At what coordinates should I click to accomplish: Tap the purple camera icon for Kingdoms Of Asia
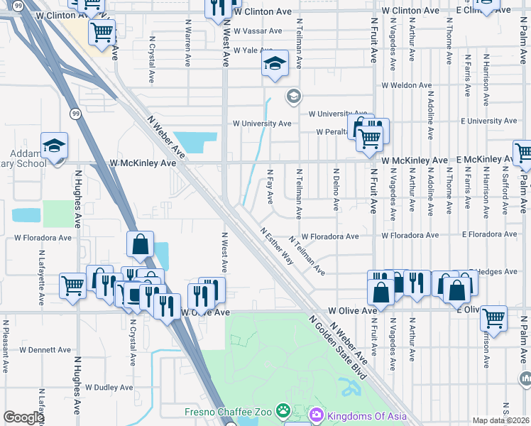317,413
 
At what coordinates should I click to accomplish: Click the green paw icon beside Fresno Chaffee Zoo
283,410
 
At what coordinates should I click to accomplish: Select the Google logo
23,417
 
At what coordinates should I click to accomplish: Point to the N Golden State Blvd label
336,346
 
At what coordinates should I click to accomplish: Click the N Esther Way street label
276,246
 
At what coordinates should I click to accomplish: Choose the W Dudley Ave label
109,388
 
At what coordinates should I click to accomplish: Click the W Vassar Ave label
257,31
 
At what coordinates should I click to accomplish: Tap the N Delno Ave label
336,189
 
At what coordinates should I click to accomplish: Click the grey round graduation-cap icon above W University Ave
292,96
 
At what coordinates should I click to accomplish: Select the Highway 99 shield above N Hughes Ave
75,113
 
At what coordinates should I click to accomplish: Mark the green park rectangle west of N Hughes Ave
58,214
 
